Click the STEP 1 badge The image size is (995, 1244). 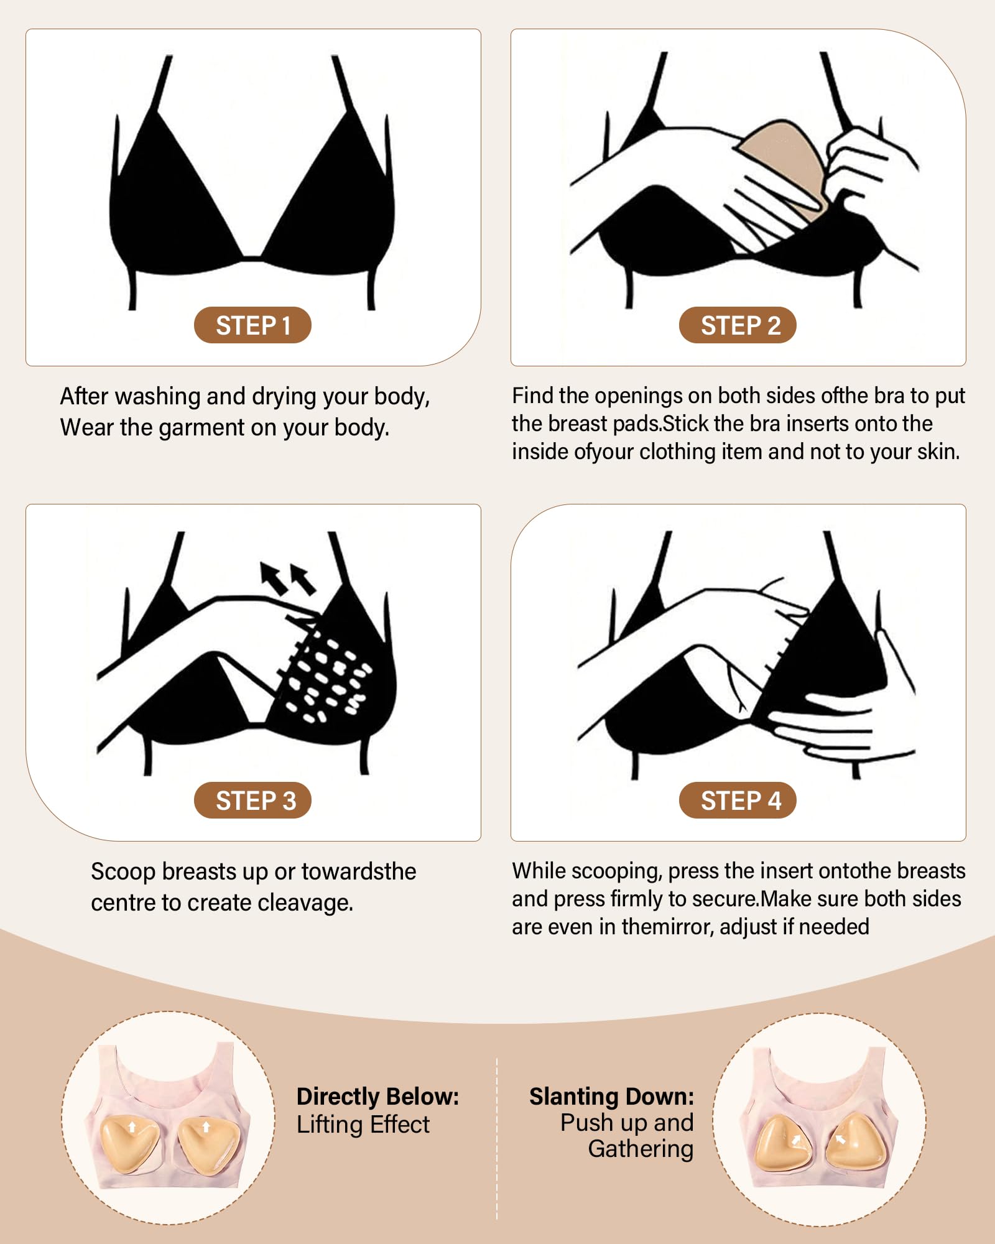click(252, 325)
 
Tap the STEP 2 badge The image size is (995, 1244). click(738, 325)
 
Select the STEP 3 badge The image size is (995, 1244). click(252, 801)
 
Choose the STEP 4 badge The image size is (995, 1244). click(738, 801)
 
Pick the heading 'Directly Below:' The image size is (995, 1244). click(377, 1097)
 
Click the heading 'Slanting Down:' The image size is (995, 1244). click(611, 1097)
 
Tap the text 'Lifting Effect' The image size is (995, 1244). click(363, 1125)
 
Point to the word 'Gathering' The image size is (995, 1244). click(641, 1149)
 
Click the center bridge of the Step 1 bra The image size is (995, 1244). click(252, 256)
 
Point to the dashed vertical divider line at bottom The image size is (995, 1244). click(497, 1138)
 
